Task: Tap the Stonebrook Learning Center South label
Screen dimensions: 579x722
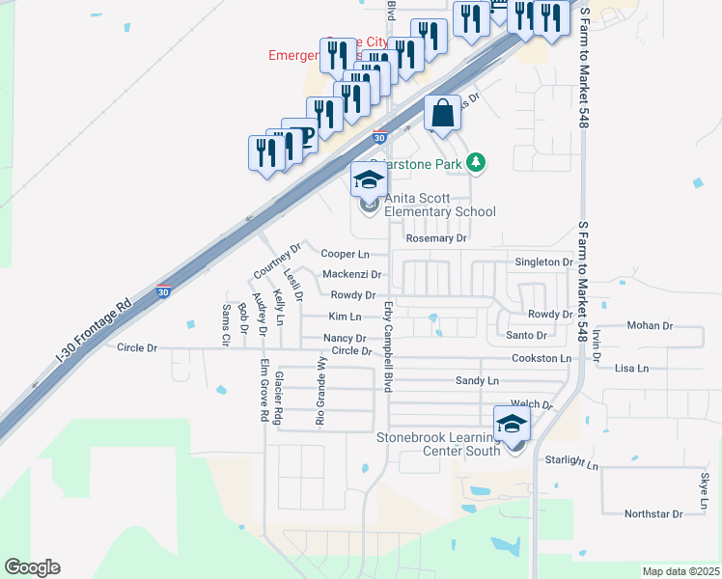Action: [438, 444]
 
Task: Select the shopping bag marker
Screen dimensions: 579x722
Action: [442, 114]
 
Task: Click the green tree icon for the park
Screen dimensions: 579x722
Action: [476, 163]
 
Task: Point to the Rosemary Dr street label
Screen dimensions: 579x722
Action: [436, 238]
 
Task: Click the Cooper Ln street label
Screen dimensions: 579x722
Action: [345, 255]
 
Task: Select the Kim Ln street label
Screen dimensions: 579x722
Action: [345, 317]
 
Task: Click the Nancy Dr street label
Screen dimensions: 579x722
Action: [345, 339]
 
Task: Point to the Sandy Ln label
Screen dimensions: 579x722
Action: [477, 381]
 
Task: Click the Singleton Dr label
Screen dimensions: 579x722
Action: [543, 262]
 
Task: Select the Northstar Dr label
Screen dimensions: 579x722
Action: [653, 513]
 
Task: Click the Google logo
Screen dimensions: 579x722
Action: [32, 567]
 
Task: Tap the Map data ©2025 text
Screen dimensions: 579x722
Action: [680, 571]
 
